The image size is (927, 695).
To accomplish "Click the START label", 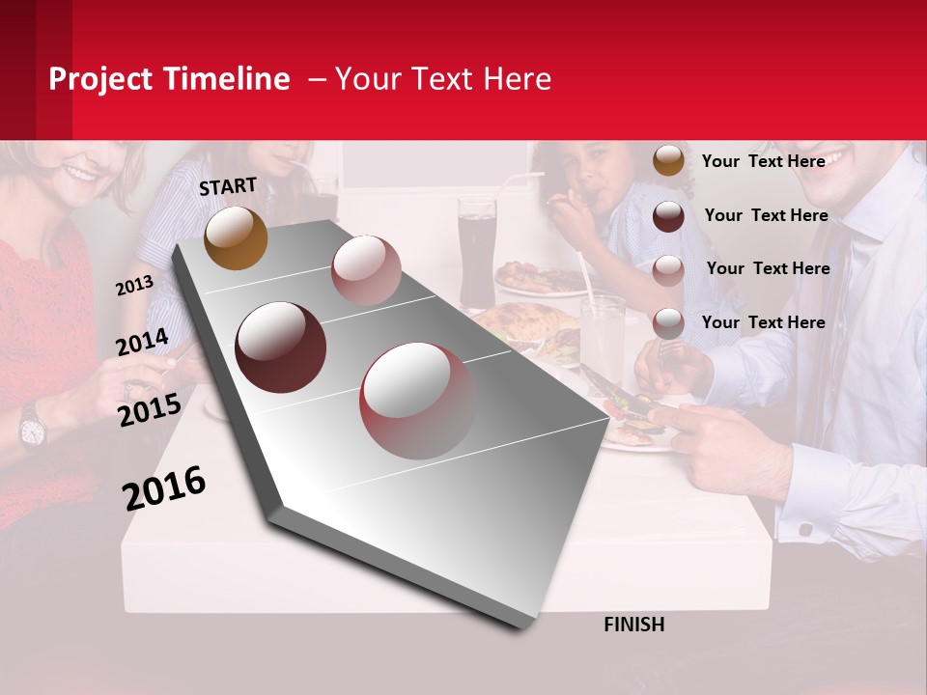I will tap(228, 186).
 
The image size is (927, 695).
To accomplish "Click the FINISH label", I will tap(633, 625).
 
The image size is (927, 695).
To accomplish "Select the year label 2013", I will tap(134, 286).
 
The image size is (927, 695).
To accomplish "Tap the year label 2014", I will tap(142, 343).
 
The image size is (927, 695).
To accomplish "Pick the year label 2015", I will tap(149, 411).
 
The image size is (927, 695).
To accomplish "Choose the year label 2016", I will tap(163, 487).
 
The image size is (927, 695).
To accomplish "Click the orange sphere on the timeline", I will tap(236, 237).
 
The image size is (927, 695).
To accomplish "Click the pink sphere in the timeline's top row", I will tap(365, 269).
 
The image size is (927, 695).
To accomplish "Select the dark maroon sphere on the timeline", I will tap(281, 347).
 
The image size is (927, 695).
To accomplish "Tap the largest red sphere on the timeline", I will tap(417, 400).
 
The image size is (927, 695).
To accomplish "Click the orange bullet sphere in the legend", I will tap(668, 160).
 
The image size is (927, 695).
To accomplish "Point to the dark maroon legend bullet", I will tap(668, 216).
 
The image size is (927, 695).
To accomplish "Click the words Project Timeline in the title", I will tap(169, 79).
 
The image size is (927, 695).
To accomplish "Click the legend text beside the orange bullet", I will tap(763, 161).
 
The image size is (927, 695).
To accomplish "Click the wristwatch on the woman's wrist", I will tap(32, 426).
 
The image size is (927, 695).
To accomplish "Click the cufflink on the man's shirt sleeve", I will tap(805, 529).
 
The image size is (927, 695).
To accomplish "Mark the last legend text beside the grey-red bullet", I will tap(763, 322).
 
